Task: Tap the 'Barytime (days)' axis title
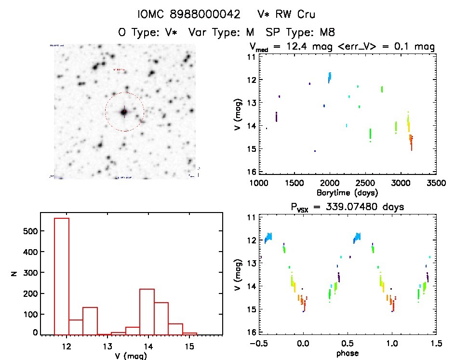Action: pyautogui.click(x=347, y=193)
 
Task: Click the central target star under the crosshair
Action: pyautogui.click(x=124, y=112)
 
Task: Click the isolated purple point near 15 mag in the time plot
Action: pyautogui.click(x=315, y=151)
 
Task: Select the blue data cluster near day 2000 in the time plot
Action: pyautogui.click(x=330, y=77)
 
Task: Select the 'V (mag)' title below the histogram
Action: pyautogui.click(x=128, y=356)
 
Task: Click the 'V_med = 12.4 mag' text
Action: pyautogui.click(x=295, y=47)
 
